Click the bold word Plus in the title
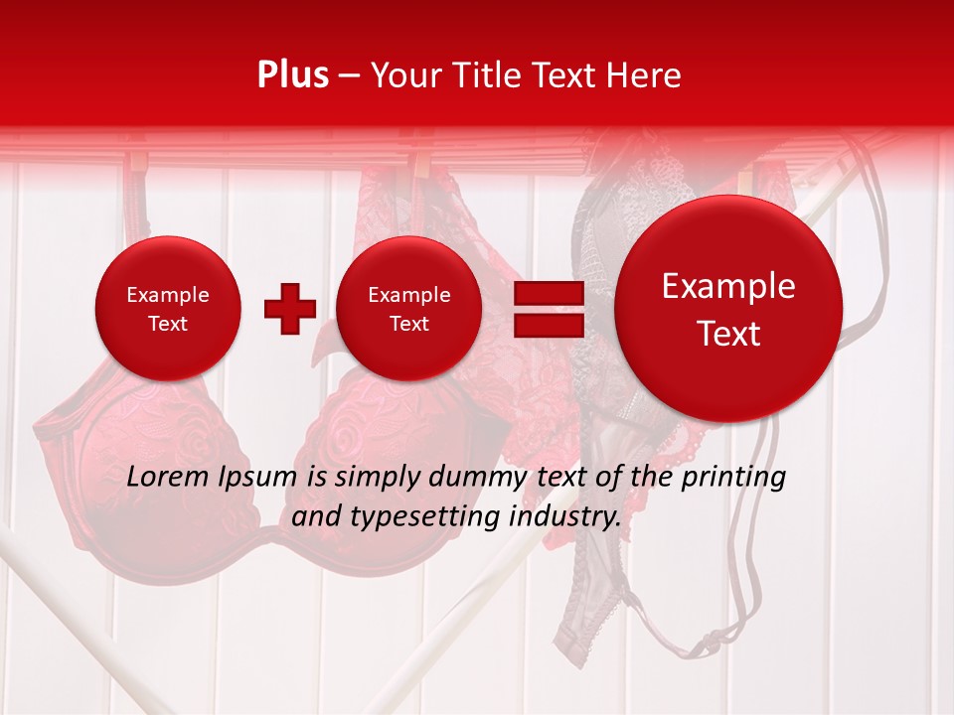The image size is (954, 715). pos(292,75)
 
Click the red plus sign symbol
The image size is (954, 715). pos(290,308)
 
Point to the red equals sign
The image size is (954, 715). pos(548,309)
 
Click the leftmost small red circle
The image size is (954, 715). pos(168,308)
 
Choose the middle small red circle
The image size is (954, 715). pos(409,308)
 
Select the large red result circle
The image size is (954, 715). pos(728,309)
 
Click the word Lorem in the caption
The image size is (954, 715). pos(164,477)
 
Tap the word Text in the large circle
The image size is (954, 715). pos(728,334)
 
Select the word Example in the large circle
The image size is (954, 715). pos(728,286)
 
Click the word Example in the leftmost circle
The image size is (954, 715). pos(168,295)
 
